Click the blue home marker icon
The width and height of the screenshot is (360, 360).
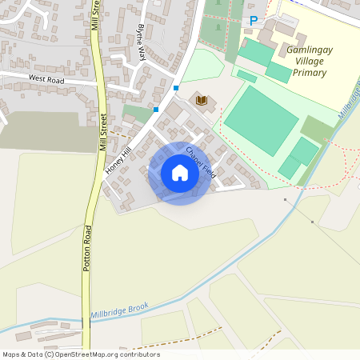[x=180, y=173]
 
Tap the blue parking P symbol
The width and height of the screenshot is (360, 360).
[x=254, y=21]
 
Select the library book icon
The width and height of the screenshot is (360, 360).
[x=202, y=100]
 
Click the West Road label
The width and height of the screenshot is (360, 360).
[x=46, y=78]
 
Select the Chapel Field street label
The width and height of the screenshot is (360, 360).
[x=200, y=161]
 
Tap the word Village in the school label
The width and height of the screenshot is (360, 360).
[x=309, y=61]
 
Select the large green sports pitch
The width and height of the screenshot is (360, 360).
[x=261, y=120]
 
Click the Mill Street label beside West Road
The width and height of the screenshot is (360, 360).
[x=103, y=131]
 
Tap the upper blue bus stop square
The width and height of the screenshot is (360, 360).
[x=176, y=88]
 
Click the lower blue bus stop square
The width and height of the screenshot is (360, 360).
[x=156, y=109]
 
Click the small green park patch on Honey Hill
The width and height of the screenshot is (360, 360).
[x=138, y=114]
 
